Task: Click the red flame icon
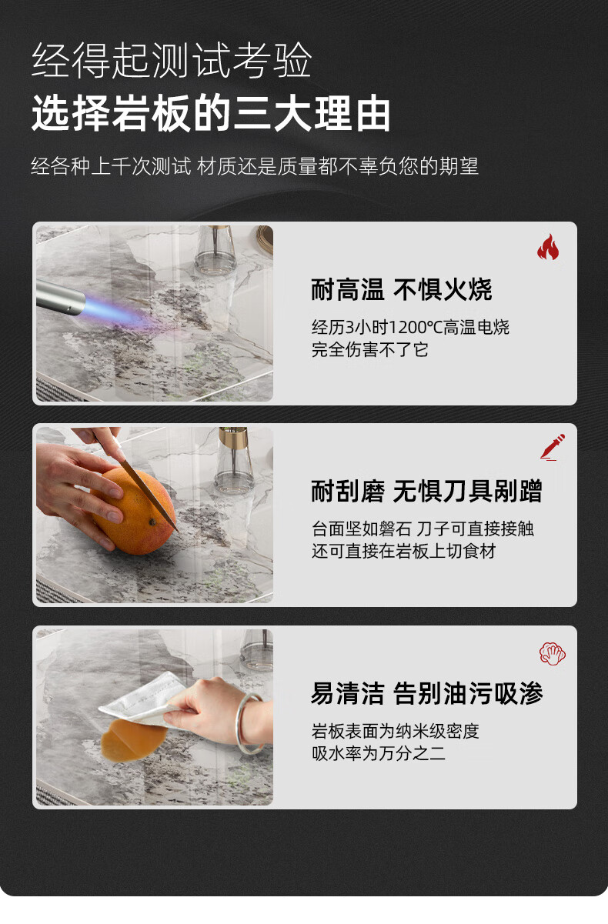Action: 548,247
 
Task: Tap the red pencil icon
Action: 553,447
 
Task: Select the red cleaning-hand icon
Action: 553,653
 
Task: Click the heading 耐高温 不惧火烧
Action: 401,289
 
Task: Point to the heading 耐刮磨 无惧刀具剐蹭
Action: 426,491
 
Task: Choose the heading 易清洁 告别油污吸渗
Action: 426,693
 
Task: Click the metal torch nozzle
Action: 61,295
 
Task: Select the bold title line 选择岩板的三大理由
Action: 211,113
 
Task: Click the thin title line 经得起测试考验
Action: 172,60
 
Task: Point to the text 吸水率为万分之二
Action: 379,753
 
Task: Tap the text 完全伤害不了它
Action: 370,350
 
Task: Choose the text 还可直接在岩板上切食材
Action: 404,551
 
